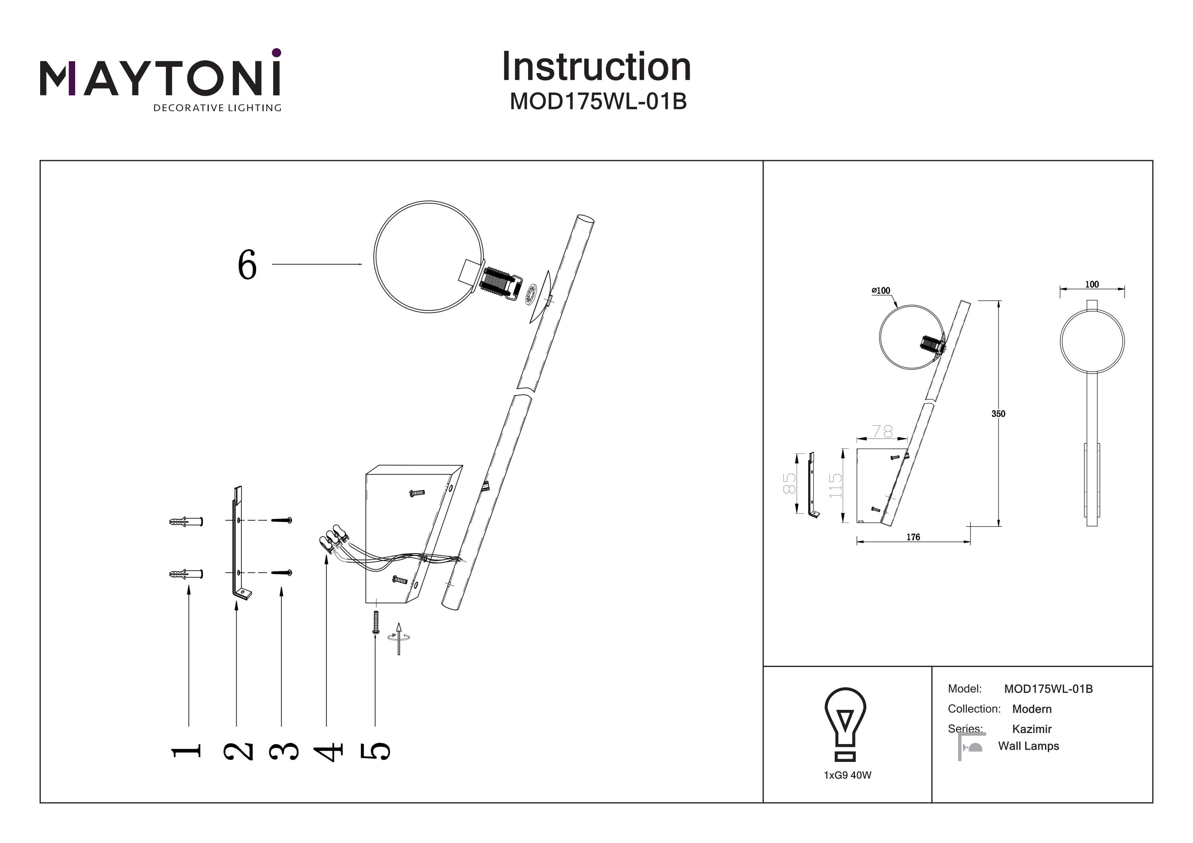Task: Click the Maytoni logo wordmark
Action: pos(160,78)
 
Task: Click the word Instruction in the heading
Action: pos(596,67)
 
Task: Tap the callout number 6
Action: pos(247,264)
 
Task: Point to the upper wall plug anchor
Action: pos(185,521)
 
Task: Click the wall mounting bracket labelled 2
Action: pos(238,545)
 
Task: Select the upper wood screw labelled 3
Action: pos(282,520)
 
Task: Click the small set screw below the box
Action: pos(376,622)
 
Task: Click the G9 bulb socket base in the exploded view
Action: pos(501,286)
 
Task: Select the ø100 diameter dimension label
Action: pos(881,291)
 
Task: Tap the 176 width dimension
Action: pos(913,537)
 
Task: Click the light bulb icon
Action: pos(845,723)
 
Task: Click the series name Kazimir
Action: pos(1032,729)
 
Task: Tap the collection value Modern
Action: pos(1032,709)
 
